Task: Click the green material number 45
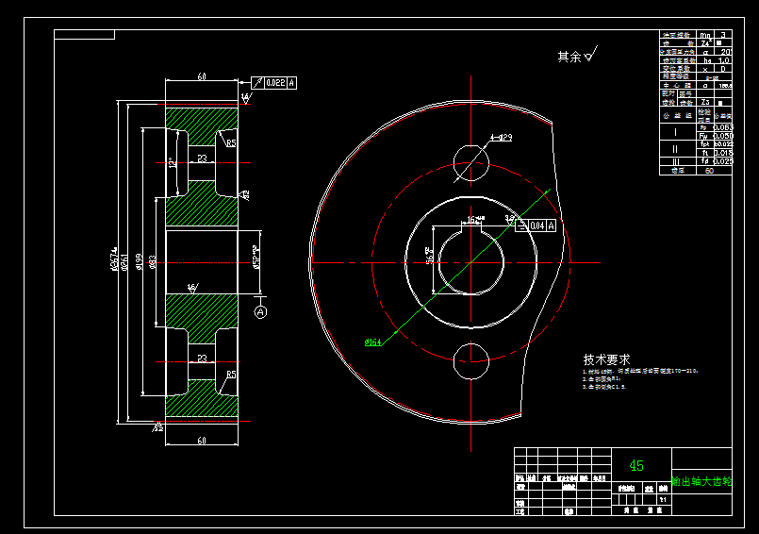tap(636, 466)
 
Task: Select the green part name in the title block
tap(701, 482)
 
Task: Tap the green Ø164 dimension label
tap(372, 342)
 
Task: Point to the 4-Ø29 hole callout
tap(501, 138)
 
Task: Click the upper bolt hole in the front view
tap(470, 160)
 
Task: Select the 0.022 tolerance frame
tap(275, 83)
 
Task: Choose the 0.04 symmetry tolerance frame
tap(536, 225)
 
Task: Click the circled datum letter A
tap(261, 310)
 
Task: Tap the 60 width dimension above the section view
tap(202, 76)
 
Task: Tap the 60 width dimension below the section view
tap(202, 441)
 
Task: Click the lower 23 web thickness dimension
tap(202, 359)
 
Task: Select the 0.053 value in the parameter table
tap(723, 126)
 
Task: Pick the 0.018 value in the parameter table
tap(723, 153)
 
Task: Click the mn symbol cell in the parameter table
tap(705, 35)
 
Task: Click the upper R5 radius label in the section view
tap(230, 143)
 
